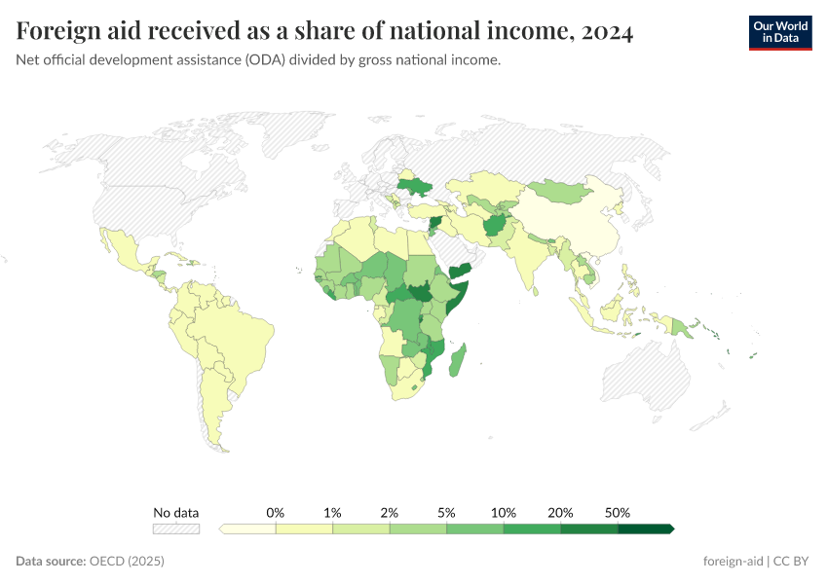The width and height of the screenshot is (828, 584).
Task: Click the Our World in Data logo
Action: (x=779, y=32)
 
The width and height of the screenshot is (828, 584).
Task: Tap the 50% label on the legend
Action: (x=618, y=512)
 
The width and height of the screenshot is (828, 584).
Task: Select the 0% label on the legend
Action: (x=276, y=512)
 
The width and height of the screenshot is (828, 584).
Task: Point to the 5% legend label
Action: (x=446, y=512)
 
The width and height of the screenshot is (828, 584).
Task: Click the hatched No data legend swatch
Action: (x=175, y=529)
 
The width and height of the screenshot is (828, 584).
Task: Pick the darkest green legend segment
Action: (x=646, y=529)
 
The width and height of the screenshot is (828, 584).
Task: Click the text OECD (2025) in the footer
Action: (x=127, y=562)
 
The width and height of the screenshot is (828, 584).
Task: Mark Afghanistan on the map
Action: (x=495, y=225)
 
